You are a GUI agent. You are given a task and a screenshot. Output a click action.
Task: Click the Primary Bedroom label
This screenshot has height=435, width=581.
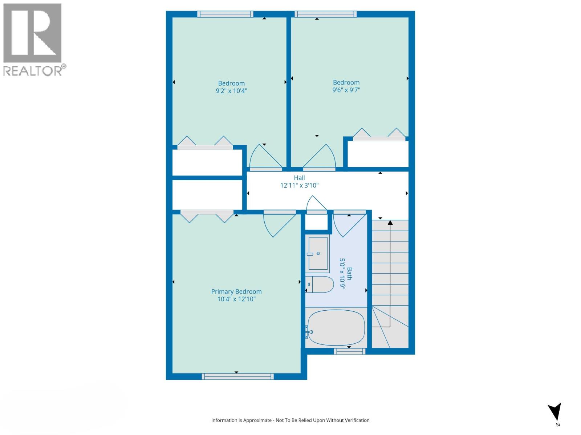(x=236, y=291)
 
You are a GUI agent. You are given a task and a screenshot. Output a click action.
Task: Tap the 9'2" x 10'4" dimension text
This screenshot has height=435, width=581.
(x=231, y=91)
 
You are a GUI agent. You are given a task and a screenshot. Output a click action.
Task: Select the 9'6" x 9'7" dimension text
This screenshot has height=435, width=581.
(x=346, y=90)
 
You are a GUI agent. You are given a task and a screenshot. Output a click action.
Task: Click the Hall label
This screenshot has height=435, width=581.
(x=299, y=178)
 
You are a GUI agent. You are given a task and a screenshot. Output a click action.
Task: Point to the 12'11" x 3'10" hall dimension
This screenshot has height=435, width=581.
(x=299, y=186)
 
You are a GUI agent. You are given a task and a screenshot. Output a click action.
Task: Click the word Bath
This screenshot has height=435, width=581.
(x=349, y=274)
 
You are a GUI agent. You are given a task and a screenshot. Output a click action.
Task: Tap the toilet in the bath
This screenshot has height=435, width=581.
(x=320, y=285)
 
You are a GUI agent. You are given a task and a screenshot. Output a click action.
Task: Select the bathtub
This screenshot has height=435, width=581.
(x=336, y=328)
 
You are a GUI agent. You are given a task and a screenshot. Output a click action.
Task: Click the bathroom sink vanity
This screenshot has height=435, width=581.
(x=318, y=254)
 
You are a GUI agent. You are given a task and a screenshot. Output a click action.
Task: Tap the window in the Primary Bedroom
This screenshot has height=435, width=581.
(x=238, y=377)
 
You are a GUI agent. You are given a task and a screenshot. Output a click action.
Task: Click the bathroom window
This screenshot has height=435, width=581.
(x=349, y=351)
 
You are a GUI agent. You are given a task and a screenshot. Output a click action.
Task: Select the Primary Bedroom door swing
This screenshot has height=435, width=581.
(x=279, y=225)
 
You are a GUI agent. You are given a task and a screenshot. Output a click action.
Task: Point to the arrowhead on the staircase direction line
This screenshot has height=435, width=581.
(x=390, y=222)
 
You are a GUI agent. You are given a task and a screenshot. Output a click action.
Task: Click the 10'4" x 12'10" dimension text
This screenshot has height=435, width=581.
(x=236, y=299)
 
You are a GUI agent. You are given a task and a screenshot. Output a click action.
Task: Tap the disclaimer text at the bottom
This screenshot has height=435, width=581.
(x=290, y=420)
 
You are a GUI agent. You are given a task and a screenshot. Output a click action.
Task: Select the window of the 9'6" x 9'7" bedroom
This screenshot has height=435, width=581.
(x=325, y=14)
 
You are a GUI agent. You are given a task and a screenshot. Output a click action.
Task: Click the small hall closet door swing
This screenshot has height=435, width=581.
(x=316, y=204)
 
